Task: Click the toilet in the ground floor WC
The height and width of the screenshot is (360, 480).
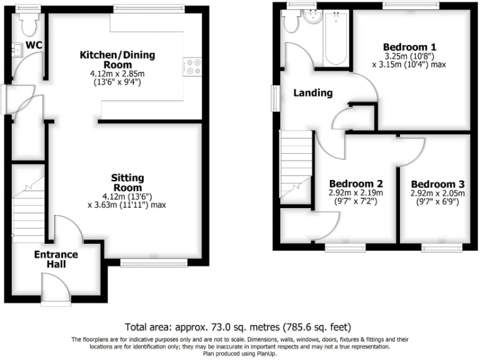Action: tap(27, 25)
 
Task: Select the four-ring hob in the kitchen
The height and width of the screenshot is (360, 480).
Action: tap(192, 66)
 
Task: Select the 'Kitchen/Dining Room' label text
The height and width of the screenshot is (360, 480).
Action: tap(117, 60)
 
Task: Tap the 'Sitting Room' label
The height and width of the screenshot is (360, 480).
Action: tap(127, 182)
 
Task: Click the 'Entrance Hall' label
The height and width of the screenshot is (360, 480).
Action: tap(56, 259)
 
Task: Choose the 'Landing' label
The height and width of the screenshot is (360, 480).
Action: tap(313, 93)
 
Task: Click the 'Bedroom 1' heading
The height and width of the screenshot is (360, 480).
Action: tap(409, 47)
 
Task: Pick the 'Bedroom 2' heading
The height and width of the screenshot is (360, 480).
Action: tap(356, 184)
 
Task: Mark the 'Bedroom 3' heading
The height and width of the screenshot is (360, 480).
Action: tap(437, 184)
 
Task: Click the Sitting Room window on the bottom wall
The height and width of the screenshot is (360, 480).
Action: tap(154, 264)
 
